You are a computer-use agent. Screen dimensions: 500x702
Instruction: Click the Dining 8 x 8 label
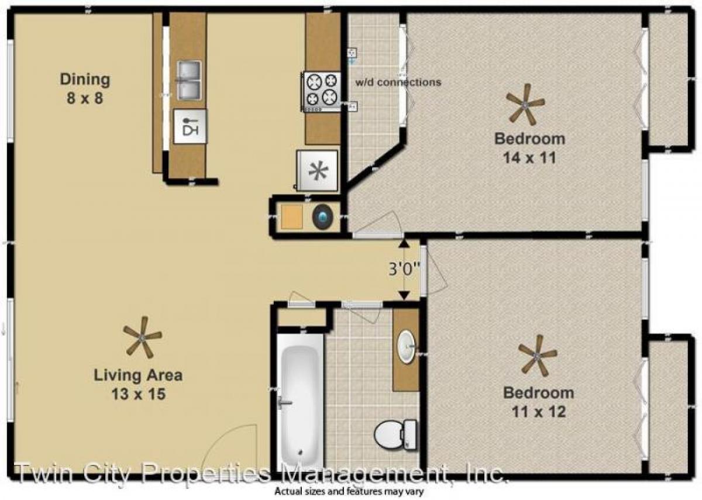tap(85, 88)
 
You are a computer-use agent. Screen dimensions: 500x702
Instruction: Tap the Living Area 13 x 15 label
tap(138, 384)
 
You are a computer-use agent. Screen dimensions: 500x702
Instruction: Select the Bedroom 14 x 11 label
tap(529, 148)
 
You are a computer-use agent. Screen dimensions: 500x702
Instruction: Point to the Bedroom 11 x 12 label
tap(538, 402)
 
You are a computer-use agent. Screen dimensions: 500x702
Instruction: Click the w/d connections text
tap(398, 82)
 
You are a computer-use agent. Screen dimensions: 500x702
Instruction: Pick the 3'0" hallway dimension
tap(404, 269)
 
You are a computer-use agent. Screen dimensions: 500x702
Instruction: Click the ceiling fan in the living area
tap(142, 337)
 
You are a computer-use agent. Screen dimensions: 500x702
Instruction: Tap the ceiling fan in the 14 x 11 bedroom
tap(525, 104)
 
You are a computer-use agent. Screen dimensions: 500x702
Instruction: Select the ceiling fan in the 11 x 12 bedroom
tap(538, 355)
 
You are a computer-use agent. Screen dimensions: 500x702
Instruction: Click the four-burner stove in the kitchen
tap(321, 90)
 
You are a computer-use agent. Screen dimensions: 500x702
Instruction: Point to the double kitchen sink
tap(189, 80)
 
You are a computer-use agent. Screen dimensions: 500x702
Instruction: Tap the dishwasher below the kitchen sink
tap(190, 126)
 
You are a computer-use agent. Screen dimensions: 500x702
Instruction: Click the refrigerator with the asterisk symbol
tap(318, 171)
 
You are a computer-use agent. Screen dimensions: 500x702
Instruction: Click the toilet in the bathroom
tap(396, 435)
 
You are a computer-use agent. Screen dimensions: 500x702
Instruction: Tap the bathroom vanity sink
tap(405, 346)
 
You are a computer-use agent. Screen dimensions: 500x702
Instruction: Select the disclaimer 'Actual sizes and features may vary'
tap(349, 492)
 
